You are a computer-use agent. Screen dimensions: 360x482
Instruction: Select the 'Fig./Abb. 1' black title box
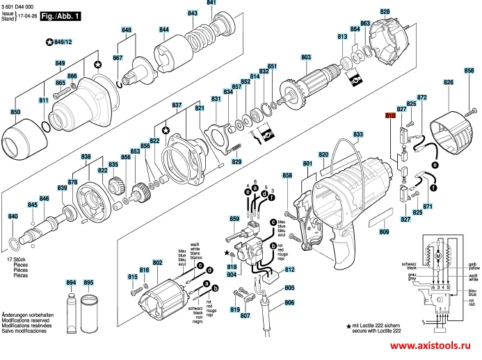59,15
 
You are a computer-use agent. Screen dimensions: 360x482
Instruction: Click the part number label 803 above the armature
306,57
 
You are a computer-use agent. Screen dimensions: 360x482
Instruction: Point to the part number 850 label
15,112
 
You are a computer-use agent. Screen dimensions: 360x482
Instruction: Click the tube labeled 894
71,306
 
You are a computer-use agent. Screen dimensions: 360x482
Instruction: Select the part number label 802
158,262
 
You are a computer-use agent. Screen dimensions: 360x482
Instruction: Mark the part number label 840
13,218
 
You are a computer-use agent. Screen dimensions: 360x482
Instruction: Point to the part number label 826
449,83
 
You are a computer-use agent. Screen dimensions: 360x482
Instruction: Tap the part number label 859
234,219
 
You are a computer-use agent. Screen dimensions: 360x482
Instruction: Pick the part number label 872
421,98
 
